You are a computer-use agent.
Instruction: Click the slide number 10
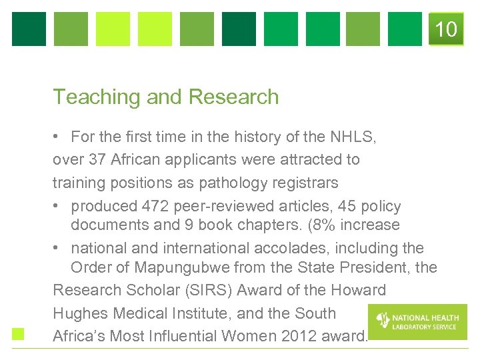(x=446, y=29)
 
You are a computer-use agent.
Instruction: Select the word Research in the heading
(x=233, y=97)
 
